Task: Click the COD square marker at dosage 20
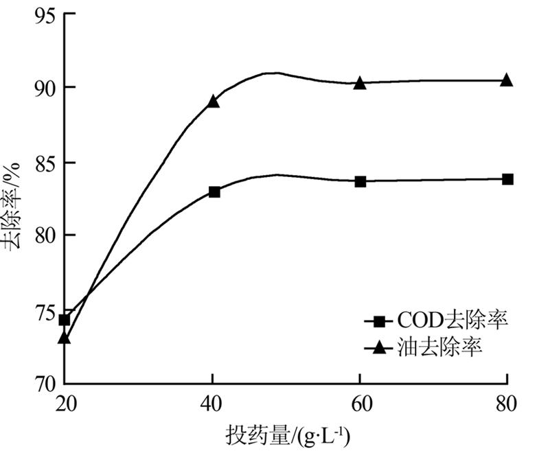64,320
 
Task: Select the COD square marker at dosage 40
214,192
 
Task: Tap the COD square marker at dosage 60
360,181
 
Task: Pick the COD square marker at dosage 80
507,179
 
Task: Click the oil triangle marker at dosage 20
64,337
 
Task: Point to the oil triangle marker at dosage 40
214,102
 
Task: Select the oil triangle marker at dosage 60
360,82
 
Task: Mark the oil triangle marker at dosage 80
507,80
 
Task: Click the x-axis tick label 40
214,404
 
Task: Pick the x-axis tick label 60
360,404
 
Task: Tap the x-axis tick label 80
507,404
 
